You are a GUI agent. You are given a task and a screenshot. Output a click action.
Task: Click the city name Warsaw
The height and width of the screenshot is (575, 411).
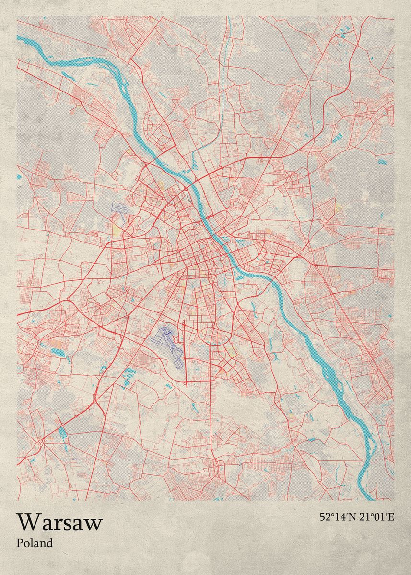click(59, 522)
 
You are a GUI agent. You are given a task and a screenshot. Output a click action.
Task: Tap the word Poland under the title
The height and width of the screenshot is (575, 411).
click(35, 543)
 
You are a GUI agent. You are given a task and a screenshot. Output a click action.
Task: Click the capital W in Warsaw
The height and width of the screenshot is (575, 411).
click(27, 522)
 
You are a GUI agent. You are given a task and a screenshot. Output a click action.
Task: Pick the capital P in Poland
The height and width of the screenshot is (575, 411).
click(20, 543)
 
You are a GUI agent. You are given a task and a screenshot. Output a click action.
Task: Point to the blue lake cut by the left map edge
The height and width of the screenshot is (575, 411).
click(19, 177)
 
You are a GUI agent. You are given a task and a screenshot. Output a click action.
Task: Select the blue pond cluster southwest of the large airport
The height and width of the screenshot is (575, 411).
click(129, 376)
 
